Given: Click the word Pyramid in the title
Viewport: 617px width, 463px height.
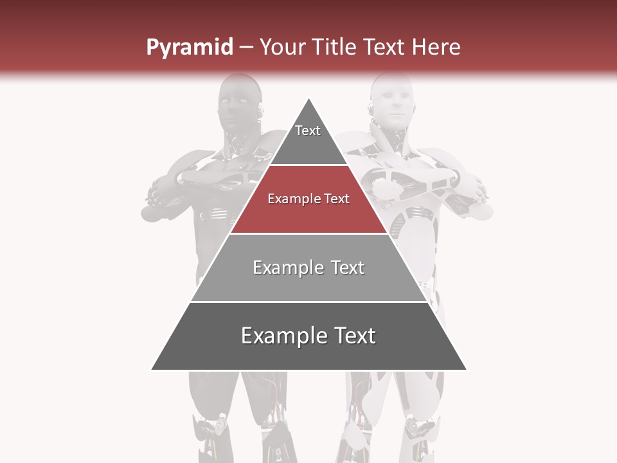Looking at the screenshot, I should click(189, 48).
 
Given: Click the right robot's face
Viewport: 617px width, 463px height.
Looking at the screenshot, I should click(393, 103).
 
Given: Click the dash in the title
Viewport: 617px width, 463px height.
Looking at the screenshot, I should click(246, 48).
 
